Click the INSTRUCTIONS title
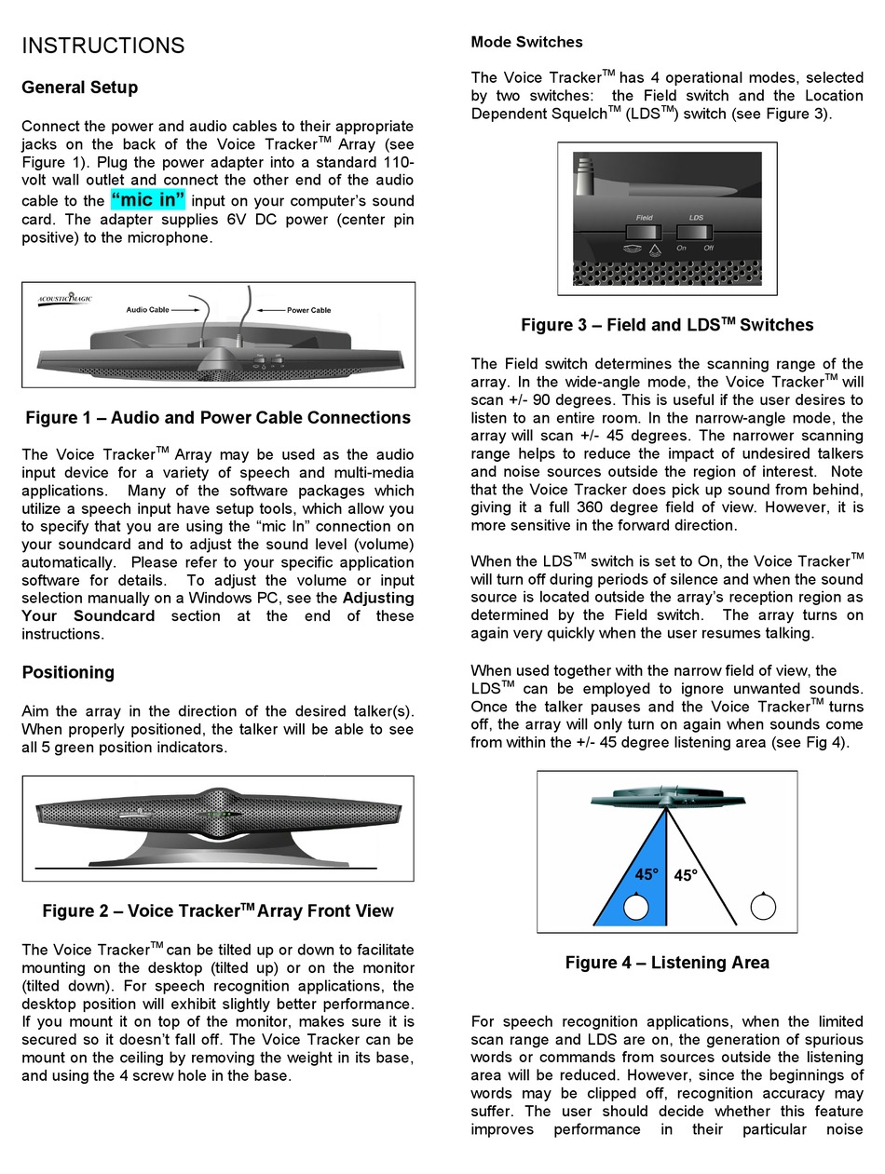103,46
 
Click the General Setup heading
80,88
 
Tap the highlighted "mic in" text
148,199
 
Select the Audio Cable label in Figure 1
147,310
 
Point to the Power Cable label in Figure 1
308,310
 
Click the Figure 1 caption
218,418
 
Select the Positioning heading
68,672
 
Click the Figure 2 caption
218,911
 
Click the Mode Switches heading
526,42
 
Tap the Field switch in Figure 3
644,232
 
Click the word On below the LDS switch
682,248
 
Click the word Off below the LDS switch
709,248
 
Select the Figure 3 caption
667,325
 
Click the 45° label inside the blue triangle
647,874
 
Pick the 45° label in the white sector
686,875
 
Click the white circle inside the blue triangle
636,907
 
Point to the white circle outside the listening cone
763,906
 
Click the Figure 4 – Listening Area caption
667,963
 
